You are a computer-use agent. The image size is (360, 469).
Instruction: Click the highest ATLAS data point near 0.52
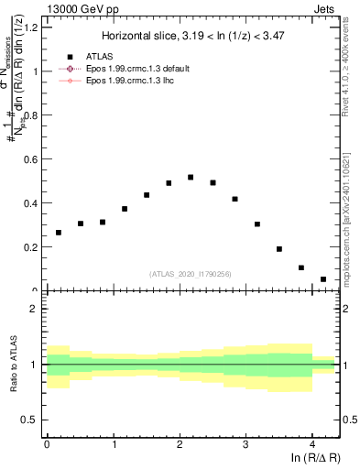[191, 177]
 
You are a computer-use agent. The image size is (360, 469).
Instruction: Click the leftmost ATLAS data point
[59, 233]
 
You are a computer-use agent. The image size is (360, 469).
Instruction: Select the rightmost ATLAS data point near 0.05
[323, 279]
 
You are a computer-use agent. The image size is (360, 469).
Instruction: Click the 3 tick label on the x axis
[245, 444]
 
